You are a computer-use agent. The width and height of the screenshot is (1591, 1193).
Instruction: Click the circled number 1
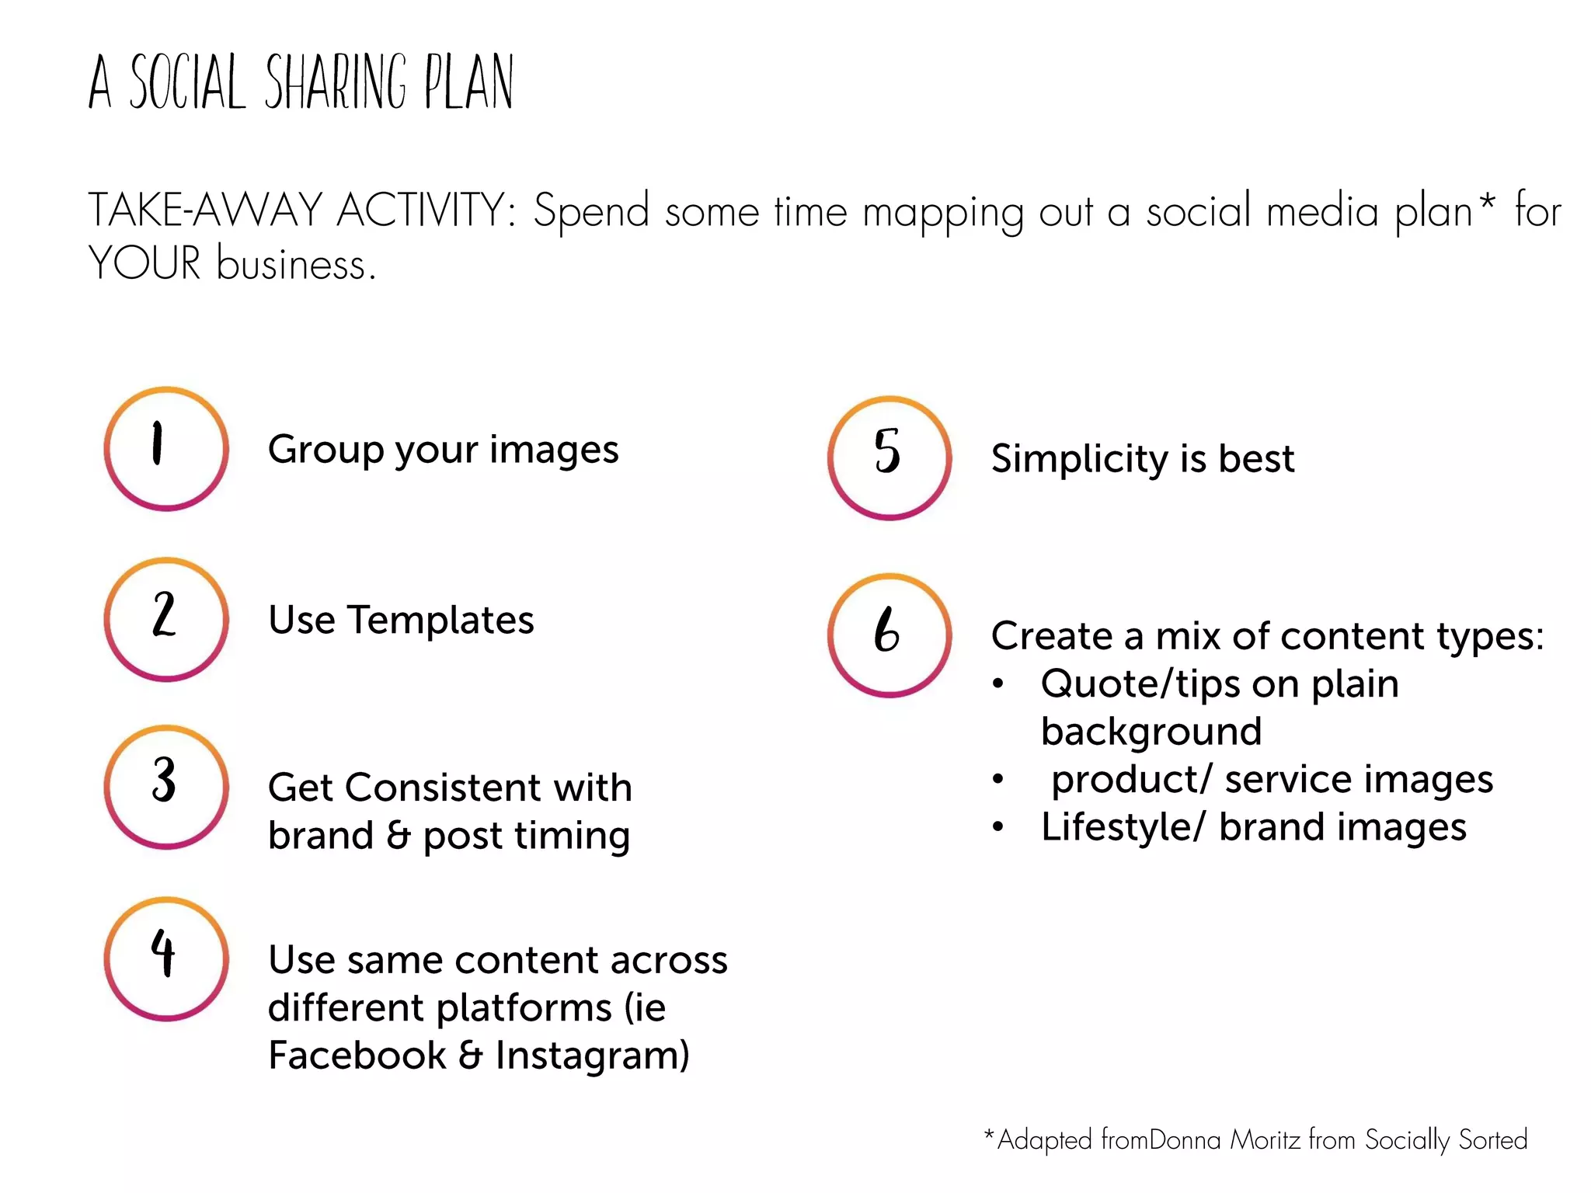[166, 448]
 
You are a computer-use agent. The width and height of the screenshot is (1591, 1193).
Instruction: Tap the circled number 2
[166, 619]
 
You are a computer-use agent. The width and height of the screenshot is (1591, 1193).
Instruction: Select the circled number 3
[166, 786]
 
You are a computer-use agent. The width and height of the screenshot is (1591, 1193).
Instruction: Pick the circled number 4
[166, 958]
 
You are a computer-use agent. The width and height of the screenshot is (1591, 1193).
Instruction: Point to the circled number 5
[889, 457]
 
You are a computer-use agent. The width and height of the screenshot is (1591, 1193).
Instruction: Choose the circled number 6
[889, 635]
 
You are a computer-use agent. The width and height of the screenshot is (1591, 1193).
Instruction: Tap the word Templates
[440, 620]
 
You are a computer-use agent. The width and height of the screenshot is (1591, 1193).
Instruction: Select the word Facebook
[357, 1055]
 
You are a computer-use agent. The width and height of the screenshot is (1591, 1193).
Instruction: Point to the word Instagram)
[592, 1056]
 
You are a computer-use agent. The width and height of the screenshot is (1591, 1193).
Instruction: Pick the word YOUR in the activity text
[144, 263]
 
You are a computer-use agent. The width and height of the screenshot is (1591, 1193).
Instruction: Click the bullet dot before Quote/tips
[998, 684]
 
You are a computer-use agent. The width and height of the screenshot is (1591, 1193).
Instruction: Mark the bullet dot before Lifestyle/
[998, 827]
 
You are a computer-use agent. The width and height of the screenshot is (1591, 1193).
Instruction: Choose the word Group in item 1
[326, 450]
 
